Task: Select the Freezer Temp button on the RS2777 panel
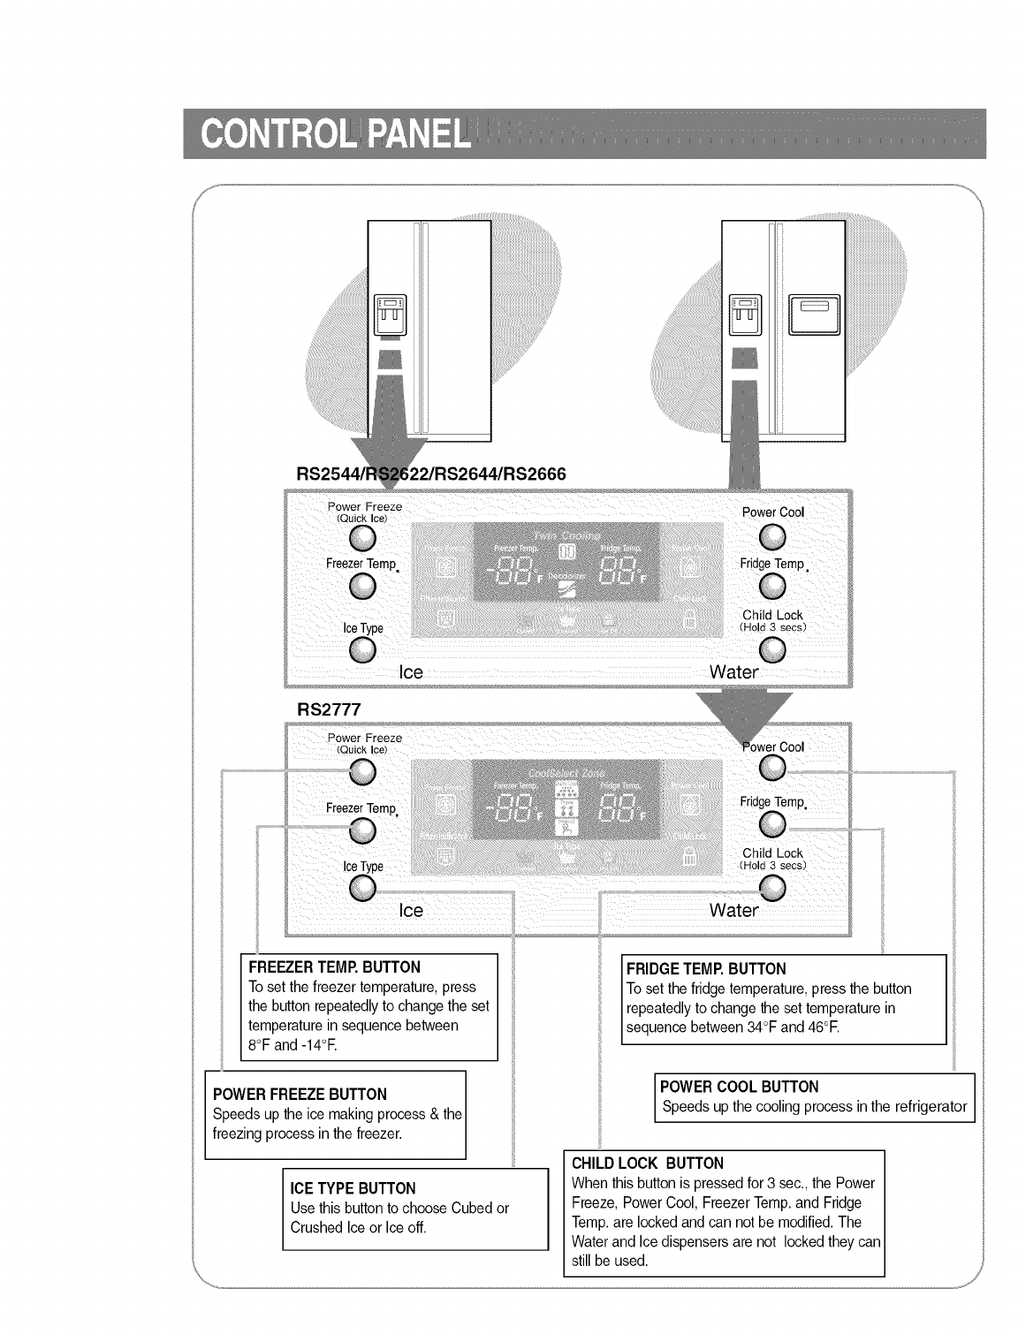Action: point(362,830)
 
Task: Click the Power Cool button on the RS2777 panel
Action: point(772,769)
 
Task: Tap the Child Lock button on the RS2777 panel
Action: point(773,888)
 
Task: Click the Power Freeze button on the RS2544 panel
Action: point(363,538)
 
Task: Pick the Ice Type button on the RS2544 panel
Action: point(363,650)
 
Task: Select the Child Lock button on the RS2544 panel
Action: point(773,649)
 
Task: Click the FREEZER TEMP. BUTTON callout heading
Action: point(335,967)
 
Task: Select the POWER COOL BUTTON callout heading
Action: point(740,1087)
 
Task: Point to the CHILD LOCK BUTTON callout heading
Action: point(648,1163)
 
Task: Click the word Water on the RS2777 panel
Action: point(733,910)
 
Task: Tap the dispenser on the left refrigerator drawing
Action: point(390,315)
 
